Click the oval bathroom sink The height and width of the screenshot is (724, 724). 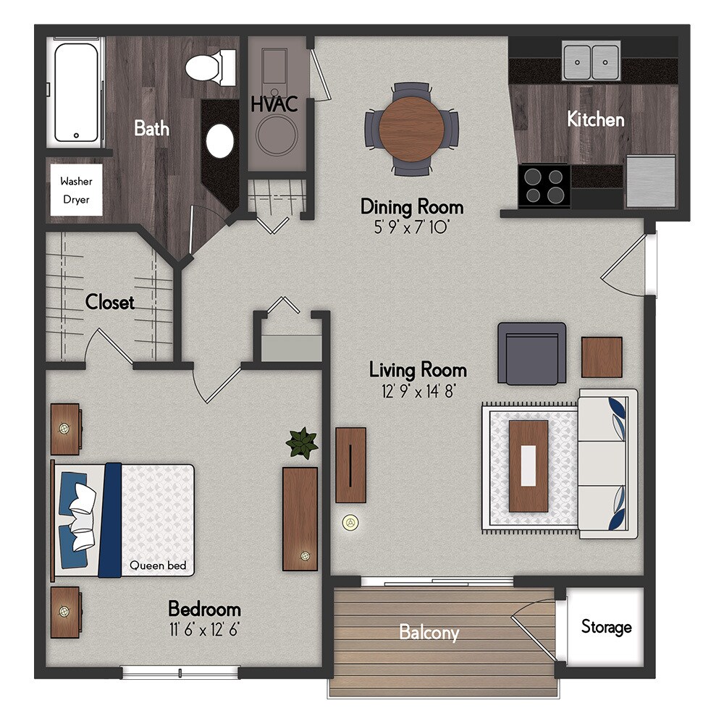coord(220,140)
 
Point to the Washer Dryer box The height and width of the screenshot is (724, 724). coord(76,190)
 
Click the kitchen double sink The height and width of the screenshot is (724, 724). coord(592,62)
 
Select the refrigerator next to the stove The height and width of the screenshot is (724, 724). coord(651,180)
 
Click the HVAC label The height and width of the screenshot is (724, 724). coord(274,104)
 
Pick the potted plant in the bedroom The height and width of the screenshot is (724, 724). coord(302,442)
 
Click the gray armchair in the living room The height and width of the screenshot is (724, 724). coord(531,353)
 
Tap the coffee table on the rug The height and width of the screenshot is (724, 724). coord(529,466)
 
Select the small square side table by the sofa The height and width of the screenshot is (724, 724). coord(602,357)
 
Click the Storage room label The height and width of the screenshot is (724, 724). coord(606,627)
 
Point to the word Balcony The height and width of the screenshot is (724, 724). coord(429,632)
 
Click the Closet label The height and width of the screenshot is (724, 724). coord(110,302)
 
